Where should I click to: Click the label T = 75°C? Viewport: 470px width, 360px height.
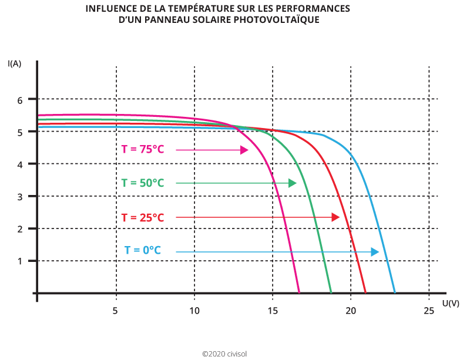(143, 150)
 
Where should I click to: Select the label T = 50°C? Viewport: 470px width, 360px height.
(143, 183)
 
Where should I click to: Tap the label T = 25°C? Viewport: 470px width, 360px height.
(143, 217)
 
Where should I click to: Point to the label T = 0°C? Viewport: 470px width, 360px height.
(143, 251)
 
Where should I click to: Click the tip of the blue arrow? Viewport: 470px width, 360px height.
(378, 252)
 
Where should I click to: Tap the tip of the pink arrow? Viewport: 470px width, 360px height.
(247, 150)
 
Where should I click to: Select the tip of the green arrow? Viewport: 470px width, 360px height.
(296, 184)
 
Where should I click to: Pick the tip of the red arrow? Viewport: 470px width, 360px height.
(339, 217)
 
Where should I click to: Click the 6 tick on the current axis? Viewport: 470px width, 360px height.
(19, 100)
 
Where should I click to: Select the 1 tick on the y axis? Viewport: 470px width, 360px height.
(19, 261)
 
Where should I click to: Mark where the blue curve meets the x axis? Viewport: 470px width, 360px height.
(395, 292)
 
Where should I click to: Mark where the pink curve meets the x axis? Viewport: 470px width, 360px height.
(299, 292)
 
